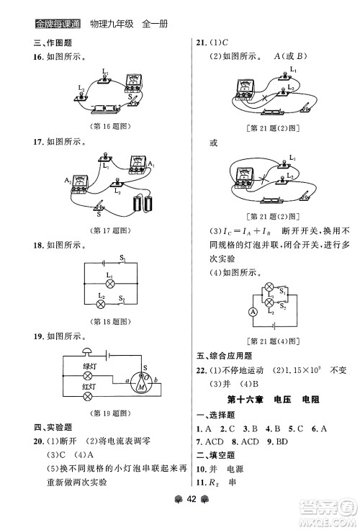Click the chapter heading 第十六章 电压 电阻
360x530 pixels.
[273, 400]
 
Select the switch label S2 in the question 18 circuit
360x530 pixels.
[122, 298]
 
